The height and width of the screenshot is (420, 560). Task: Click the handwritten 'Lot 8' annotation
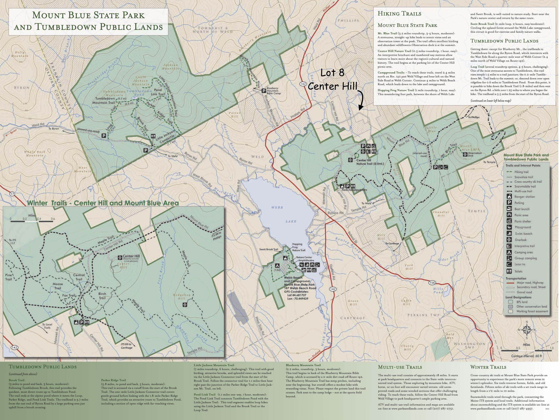coord(332,73)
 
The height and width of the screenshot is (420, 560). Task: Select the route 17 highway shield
coord(12,194)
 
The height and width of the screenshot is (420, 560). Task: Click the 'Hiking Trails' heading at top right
coord(399,14)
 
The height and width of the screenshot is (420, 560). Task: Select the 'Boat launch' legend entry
coord(522,209)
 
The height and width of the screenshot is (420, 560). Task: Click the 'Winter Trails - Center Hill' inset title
coord(102,203)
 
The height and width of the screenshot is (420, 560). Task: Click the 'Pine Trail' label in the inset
coord(8,277)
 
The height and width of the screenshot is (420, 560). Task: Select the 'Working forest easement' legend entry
coord(532,311)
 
